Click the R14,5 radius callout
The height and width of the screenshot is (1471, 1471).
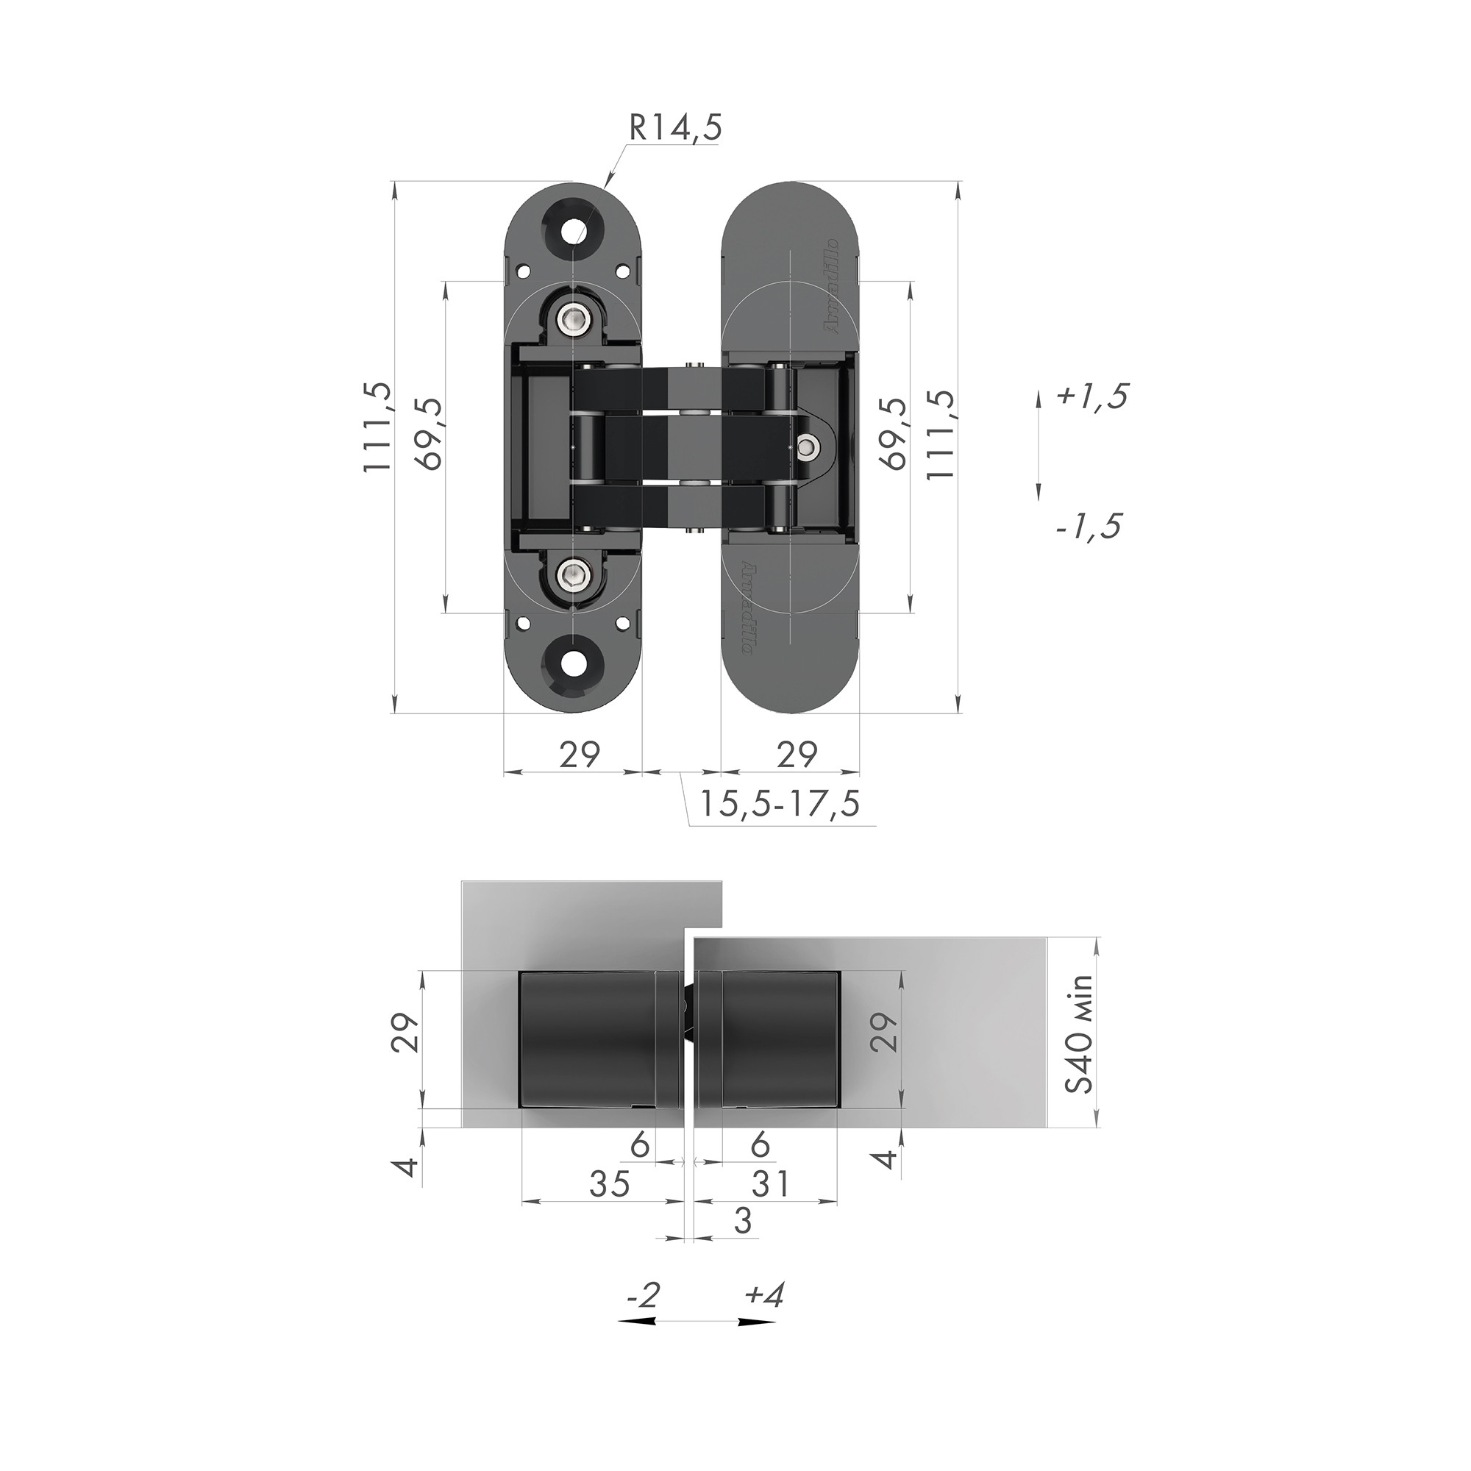click(x=673, y=129)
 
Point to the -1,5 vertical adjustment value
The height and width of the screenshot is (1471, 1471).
click(x=1089, y=526)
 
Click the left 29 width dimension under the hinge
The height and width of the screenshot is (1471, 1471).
click(x=580, y=755)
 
